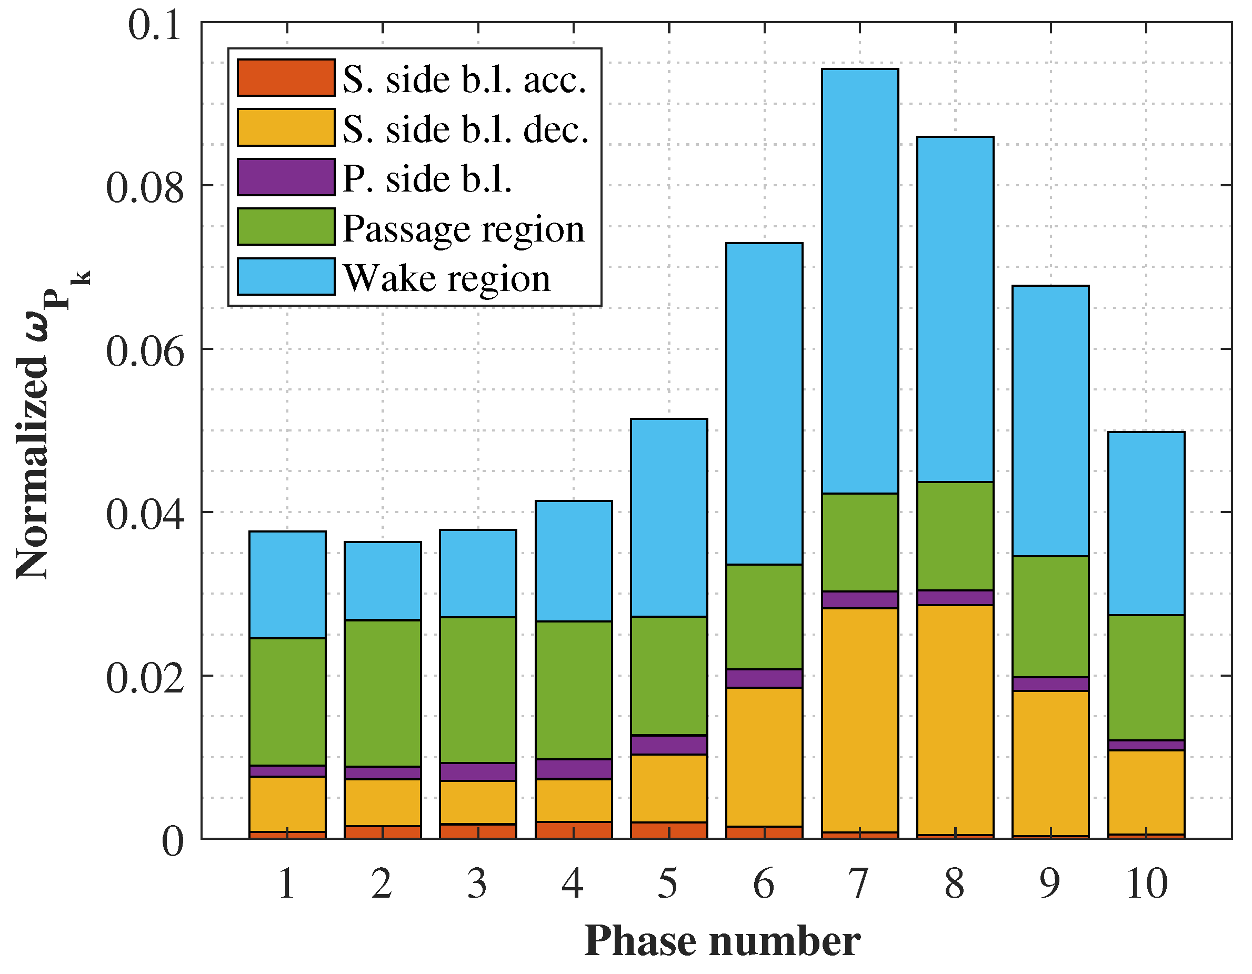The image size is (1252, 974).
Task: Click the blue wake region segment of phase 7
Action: click(x=859, y=281)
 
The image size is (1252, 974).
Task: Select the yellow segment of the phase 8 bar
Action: click(x=955, y=719)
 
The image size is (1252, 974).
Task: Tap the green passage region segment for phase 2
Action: click(x=383, y=692)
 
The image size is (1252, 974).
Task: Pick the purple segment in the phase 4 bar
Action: click(x=573, y=769)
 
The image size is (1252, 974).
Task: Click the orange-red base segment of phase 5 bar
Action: click(x=669, y=830)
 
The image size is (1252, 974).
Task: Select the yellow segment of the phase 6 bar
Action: click(x=764, y=757)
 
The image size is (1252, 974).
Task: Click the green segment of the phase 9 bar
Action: click(x=1050, y=616)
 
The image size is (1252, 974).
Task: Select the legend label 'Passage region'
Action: click(x=463, y=228)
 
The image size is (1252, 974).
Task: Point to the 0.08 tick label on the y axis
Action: click(x=145, y=187)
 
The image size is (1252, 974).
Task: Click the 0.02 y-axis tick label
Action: click(x=145, y=678)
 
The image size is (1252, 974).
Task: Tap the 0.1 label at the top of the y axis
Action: click(x=155, y=25)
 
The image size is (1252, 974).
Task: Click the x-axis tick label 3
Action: click(x=477, y=883)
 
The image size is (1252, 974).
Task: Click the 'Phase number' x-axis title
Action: click(x=722, y=942)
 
